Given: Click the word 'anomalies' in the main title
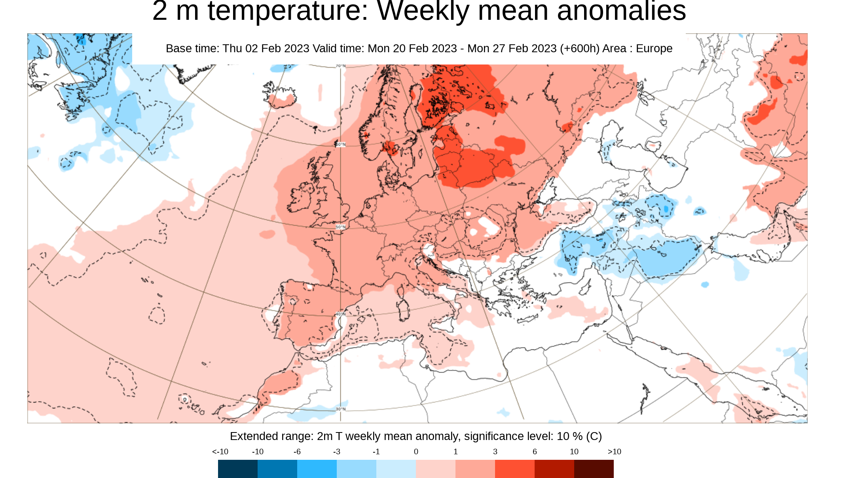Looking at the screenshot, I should pos(621,11).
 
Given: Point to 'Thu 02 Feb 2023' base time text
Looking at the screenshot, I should pos(266,48).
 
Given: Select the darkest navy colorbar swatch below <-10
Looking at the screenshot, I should pos(237,469).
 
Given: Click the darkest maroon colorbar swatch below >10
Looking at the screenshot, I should pos(594,469).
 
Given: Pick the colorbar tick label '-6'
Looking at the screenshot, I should pos(297,451).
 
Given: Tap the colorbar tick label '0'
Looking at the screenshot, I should pos(416,451).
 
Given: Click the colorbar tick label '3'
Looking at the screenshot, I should pos(495,451).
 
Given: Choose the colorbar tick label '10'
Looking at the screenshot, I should pos(574,451).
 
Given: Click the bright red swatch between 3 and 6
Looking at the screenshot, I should pos(514,469).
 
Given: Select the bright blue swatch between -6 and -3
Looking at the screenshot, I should pos(317,469).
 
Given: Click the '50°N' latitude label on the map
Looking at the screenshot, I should pos(340,227).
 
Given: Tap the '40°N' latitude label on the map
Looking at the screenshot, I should pos(340,314).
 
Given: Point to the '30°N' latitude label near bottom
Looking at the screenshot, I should pos(340,409).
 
